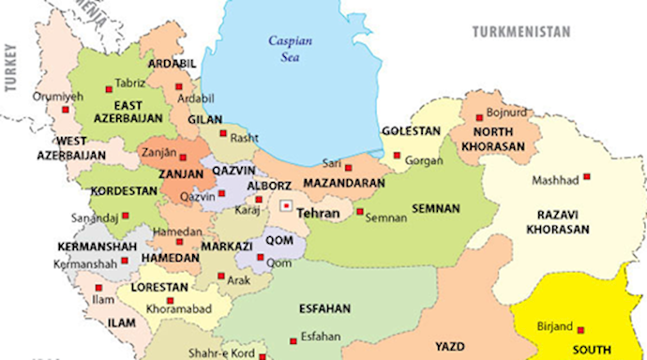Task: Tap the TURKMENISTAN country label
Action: [520, 31]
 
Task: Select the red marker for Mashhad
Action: [586, 176]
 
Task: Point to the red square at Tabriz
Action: [106, 82]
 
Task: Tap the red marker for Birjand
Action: [580, 329]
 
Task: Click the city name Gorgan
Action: [425, 160]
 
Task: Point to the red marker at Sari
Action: [348, 167]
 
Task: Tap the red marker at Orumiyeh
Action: [65, 109]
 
